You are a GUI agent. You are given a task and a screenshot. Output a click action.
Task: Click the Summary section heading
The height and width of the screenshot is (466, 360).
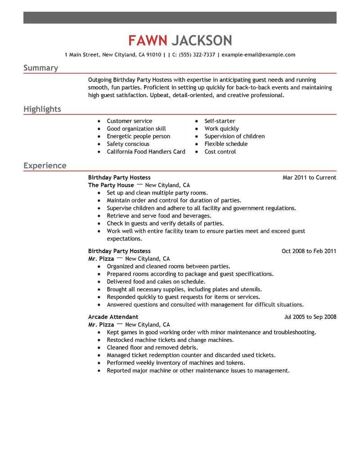click(40, 68)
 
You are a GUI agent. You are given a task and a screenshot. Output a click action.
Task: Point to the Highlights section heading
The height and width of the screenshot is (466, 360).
click(42, 109)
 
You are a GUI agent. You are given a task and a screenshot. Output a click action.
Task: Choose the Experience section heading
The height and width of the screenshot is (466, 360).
click(45, 166)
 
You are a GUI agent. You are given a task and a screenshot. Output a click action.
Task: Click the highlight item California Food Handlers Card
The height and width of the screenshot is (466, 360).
click(146, 152)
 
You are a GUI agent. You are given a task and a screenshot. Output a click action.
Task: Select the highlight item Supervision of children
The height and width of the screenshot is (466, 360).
click(234, 136)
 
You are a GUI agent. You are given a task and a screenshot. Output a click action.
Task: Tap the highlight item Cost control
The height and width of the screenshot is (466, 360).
click(220, 152)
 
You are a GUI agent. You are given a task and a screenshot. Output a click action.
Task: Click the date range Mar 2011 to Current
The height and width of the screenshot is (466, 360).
click(309, 177)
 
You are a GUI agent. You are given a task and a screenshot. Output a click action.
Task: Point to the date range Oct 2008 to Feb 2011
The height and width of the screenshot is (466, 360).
click(309, 251)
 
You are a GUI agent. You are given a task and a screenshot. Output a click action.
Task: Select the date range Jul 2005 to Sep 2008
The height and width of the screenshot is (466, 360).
click(310, 317)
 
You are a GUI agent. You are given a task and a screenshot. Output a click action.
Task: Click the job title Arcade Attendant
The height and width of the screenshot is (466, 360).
click(113, 317)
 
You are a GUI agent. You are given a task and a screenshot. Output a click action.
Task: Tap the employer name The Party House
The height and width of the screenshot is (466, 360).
click(111, 185)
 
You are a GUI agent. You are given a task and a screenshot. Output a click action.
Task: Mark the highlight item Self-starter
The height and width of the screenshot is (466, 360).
click(220, 121)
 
